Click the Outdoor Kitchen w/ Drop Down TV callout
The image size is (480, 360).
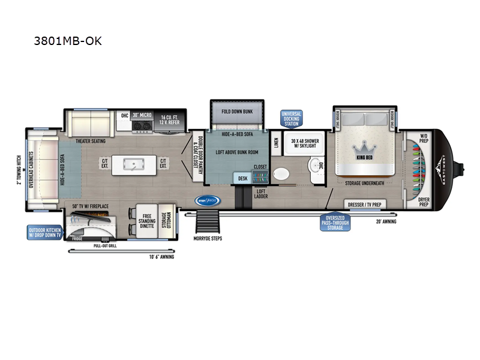[43, 233]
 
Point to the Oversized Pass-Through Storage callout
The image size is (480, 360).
[335, 223]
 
